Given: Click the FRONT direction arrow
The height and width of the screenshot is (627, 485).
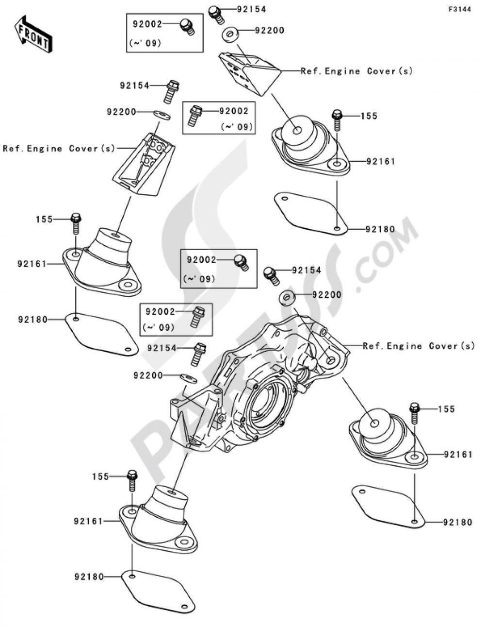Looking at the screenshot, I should (33, 34).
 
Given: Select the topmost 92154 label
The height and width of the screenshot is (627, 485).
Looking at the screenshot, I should (252, 9).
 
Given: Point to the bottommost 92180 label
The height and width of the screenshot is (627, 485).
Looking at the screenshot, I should (89, 577).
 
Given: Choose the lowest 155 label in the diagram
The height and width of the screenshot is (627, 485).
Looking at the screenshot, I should (101, 477).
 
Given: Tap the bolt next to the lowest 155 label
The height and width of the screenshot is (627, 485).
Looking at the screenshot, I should (131, 480).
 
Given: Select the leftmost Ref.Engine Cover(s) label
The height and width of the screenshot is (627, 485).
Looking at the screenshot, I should (59, 149).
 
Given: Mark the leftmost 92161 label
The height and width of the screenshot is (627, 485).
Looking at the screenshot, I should (32, 264).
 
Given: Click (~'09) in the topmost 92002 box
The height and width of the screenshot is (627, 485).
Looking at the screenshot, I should (145, 43).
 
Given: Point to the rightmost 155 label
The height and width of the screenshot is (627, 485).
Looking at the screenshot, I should (446, 409).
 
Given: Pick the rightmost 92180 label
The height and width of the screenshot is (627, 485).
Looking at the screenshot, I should (457, 523).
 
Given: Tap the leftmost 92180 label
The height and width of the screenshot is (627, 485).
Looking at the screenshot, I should (33, 320).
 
